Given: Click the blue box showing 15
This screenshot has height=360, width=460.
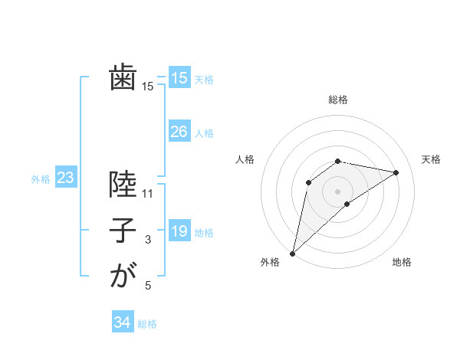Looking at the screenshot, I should pos(179,78).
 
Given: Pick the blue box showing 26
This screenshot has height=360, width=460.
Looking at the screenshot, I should pos(179,132).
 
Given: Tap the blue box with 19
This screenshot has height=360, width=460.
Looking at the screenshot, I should pos(179,231).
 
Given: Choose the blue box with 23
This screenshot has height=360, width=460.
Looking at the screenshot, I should pos(65,178).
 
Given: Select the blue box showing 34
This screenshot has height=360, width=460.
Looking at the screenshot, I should pos(122,322).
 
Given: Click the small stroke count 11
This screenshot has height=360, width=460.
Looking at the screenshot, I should pos(148,194).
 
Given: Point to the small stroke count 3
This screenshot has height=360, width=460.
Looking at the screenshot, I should pos(148,240).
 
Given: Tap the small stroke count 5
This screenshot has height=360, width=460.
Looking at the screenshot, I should pos(148,286).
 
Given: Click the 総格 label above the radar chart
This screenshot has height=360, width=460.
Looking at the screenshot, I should pos(337,100).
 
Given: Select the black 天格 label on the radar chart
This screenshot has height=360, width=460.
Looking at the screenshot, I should pos(431,159).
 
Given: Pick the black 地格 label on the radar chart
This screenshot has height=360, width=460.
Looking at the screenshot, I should pos(402,263).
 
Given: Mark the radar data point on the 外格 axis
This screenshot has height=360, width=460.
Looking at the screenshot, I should pos(292,253).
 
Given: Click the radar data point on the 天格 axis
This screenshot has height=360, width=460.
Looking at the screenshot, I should pos(396,172).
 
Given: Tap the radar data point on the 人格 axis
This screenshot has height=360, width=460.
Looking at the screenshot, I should pos(308,182).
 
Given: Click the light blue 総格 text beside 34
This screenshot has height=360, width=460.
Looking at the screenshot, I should pos(147,324).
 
